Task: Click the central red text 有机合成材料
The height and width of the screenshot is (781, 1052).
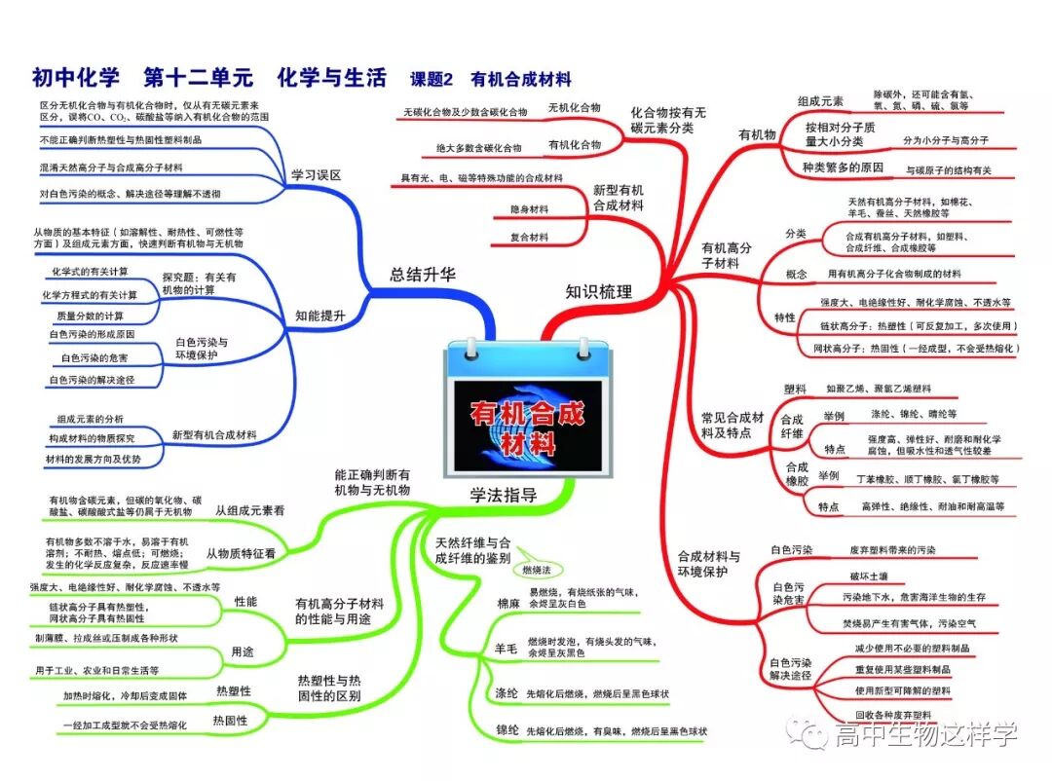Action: coord(527,428)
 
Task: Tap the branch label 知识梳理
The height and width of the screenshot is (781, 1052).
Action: coord(598,291)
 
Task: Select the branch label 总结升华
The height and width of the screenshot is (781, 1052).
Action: coord(423,275)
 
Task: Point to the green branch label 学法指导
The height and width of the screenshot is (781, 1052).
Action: coord(503,495)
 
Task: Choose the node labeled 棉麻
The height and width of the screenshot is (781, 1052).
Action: coord(507,604)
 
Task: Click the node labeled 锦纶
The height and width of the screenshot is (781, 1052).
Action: coord(507,729)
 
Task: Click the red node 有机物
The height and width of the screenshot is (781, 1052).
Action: coord(756,134)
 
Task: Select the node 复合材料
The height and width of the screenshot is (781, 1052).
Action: coord(529,238)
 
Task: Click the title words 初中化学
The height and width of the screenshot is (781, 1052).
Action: coord(75,78)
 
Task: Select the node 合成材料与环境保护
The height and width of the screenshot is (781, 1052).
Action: coord(708,564)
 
